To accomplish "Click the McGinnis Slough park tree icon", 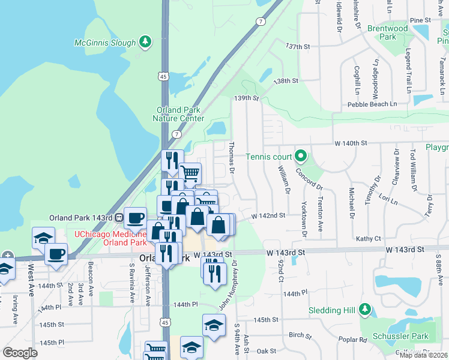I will [145, 41].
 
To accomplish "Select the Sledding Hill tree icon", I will [365, 310].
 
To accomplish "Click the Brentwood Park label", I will [387, 32].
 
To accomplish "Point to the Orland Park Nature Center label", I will [180, 114].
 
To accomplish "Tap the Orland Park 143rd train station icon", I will [119, 217].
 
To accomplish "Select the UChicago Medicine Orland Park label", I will [110, 238].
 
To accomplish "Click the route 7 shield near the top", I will [260, 22].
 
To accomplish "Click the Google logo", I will [20, 352].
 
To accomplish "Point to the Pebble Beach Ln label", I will [372, 104].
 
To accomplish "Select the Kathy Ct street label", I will [369, 238].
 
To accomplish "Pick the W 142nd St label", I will [268, 215].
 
